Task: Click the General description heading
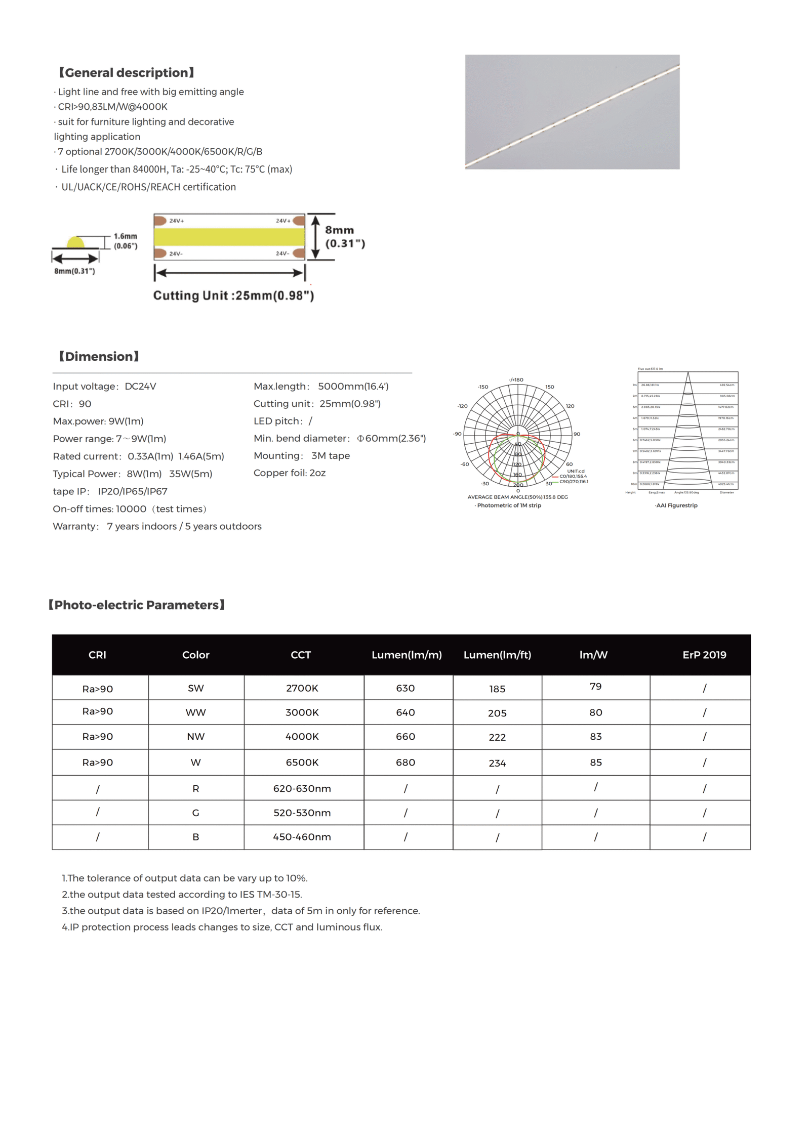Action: (127, 72)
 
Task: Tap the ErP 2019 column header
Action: (704, 654)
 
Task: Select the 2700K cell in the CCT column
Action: (302, 688)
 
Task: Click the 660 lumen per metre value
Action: (405, 736)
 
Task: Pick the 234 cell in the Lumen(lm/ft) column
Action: (497, 762)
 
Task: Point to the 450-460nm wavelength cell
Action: (302, 836)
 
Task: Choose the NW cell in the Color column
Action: (195, 736)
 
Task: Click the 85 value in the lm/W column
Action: (595, 762)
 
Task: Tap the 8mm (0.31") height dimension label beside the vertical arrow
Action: (344, 237)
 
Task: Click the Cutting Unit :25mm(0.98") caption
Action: (233, 295)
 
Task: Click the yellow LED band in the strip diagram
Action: (229, 237)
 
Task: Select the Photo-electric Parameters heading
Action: (136, 605)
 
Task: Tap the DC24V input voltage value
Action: (140, 386)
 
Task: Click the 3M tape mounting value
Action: (330, 455)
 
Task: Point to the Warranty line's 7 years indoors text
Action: (141, 526)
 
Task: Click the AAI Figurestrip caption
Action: (676, 505)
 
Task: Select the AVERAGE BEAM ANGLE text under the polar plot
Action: (517, 497)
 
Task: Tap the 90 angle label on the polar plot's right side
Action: (577, 434)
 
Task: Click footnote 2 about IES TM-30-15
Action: (182, 894)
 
